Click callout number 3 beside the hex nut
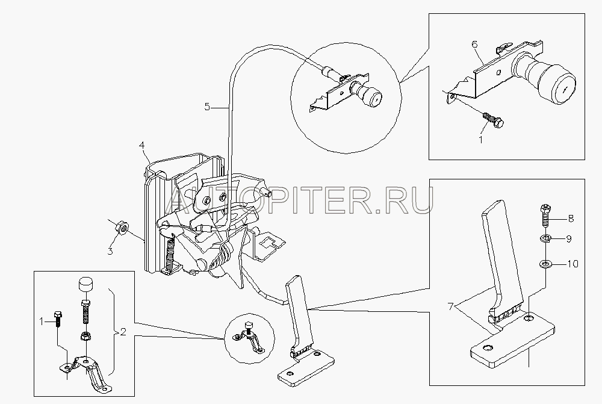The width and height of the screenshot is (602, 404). point(110,252)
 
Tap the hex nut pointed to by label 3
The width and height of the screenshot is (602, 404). point(122,228)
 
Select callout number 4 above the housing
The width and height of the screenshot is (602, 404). point(141,146)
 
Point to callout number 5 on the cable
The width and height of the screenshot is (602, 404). point(207,107)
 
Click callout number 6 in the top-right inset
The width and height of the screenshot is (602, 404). point(474,45)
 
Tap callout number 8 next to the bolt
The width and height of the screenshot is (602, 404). point(571,219)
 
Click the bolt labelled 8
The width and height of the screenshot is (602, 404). point(547,216)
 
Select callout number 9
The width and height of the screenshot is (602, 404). point(569,239)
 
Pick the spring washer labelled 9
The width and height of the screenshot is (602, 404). point(546,239)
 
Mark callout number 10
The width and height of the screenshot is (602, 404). point(573,264)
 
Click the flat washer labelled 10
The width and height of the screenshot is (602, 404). point(545,264)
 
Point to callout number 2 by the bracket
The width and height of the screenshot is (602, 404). point(123,332)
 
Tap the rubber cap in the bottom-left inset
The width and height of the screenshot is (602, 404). point(87,285)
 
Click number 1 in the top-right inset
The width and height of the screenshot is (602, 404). point(480,140)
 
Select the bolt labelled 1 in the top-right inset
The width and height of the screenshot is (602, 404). point(493,119)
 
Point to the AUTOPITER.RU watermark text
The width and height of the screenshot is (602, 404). point(299,200)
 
